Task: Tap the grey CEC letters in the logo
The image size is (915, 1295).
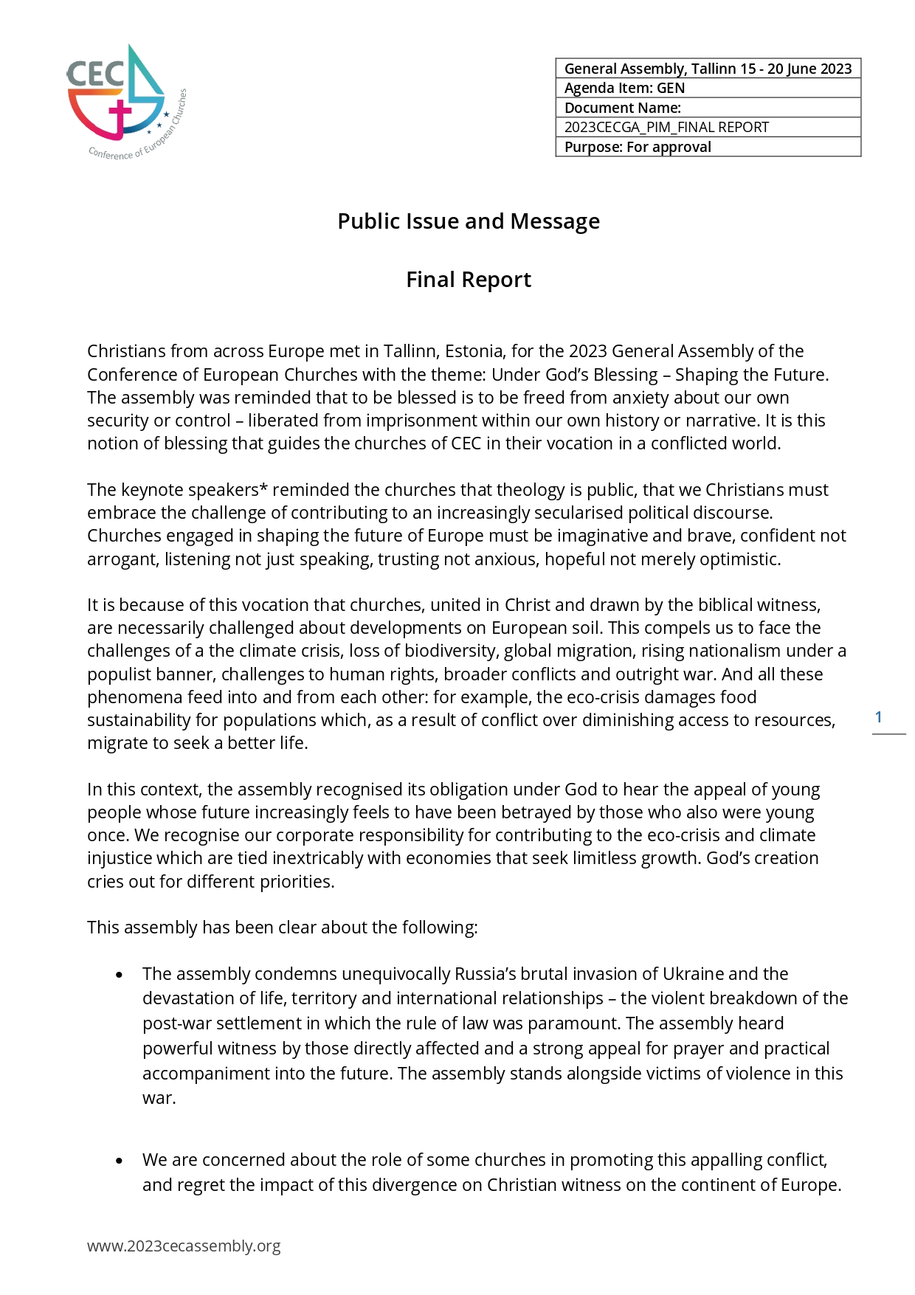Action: click(95, 74)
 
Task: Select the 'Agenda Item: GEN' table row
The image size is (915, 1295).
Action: click(708, 88)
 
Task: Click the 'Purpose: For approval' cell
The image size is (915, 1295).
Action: click(708, 147)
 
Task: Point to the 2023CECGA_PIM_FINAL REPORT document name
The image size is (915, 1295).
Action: click(666, 127)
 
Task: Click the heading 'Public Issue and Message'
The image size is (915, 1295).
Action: click(469, 221)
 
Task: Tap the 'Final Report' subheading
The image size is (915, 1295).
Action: click(469, 280)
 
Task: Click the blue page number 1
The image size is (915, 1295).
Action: click(878, 716)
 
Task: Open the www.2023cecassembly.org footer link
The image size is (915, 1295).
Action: click(184, 1246)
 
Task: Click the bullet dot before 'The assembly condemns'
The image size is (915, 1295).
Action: click(120, 975)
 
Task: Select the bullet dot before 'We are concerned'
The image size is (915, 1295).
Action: click(120, 1161)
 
